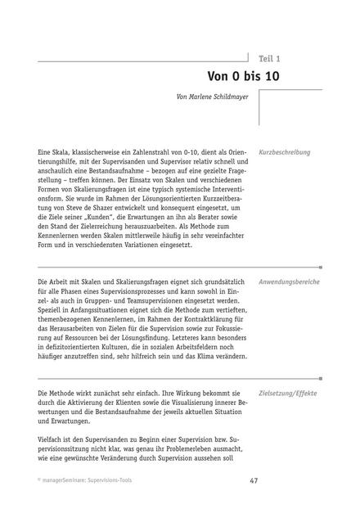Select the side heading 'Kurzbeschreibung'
(284, 152)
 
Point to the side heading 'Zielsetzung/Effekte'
(287, 394)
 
